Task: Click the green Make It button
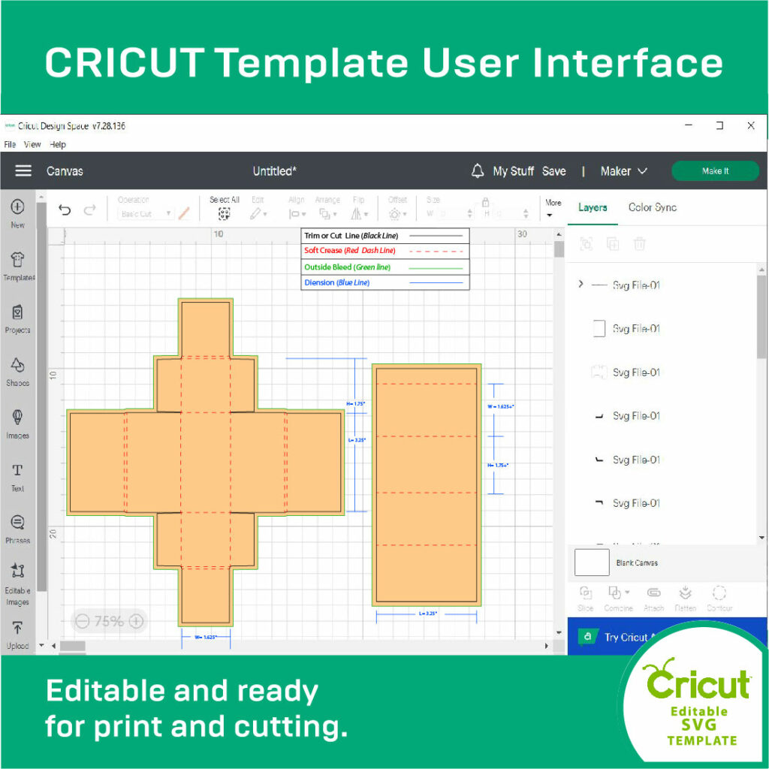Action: (x=714, y=171)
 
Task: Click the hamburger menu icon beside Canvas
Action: (x=23, y=171)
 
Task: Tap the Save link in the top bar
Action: (x=553, y=171)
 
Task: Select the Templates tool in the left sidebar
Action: (x=18, y=266)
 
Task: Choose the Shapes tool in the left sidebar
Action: (x=18, y=371)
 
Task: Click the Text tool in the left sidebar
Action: (x=18, y=476)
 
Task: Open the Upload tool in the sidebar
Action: (x=18, y=634)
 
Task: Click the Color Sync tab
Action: (x=652, y=207)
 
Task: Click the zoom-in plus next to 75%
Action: (x=136, y=621)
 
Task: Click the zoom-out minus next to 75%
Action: (x=83, y=621)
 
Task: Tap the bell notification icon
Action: (x=478, y=171)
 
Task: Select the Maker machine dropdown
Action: (x=623, y=171)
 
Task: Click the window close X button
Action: (x=750, y=125)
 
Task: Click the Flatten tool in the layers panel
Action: (x=684, y=598)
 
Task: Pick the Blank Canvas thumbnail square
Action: (x=592, y=562)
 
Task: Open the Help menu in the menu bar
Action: (x=58, y=144)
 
